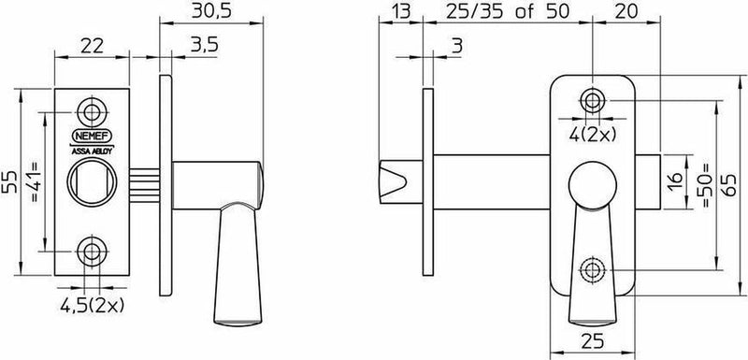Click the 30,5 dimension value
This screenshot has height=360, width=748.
(x=211, y=11)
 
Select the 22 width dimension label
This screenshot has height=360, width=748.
(x=92, y=46)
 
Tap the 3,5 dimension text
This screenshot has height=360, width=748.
(x=204, y=45)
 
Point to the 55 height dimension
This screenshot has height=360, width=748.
(x=10, y=181)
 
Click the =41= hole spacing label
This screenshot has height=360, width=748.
(x=35, y=181)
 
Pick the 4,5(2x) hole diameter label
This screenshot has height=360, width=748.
(x=92, y=305)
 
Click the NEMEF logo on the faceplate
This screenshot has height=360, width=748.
(x=92, y=136)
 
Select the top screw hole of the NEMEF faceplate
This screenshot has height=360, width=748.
(x=92, y=112)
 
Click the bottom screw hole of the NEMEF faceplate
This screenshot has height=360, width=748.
(x=92, y=251)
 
